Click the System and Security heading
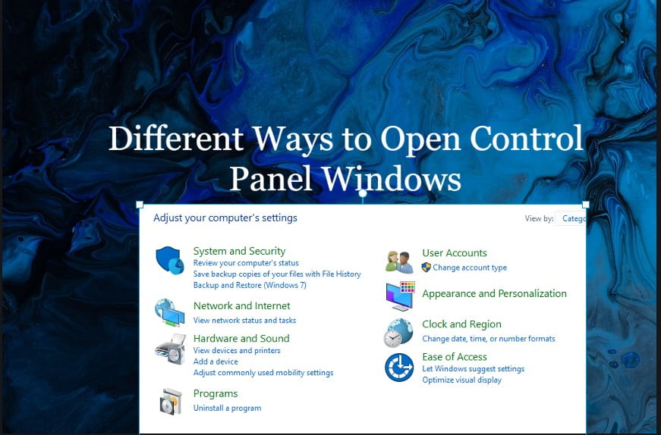point(239,251)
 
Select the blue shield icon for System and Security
point(170,260)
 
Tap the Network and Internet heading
point(241,305)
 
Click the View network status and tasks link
point(244,321)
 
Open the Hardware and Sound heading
point(241,339)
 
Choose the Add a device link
point(216,361)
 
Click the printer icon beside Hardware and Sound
point(170,349)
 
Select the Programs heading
point(216,394)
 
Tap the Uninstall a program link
point(227,408)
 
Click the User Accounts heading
point(455,253)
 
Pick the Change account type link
point(470,268)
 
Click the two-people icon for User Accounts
point(399,262)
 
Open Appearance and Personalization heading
point(495,293)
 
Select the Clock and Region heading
point(461,324)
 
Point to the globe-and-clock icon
point(398,333)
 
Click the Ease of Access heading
point(455,357)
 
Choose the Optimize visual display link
point(462,380)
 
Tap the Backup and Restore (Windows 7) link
point(250,286)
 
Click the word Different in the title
point(176,139)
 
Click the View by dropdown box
point(571,218)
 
